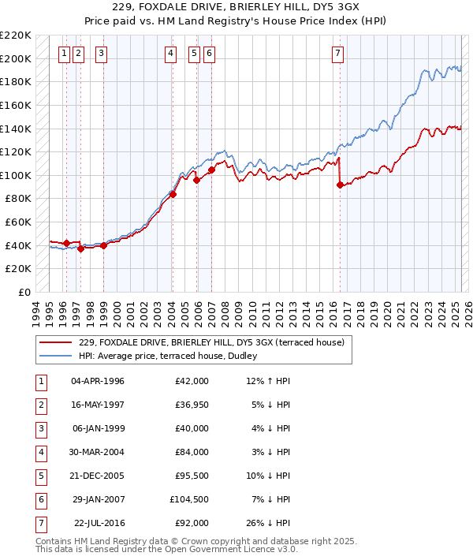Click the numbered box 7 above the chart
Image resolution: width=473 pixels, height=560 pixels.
click(337, 54)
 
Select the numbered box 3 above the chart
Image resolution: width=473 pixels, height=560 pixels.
click(102, 54)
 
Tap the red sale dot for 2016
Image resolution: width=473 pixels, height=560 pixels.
click(340, 185)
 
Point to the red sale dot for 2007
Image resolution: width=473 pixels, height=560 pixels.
click(211, 170)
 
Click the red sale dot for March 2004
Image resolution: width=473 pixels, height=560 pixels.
click(173, 194)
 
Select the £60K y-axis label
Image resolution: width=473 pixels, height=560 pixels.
click(19, 222)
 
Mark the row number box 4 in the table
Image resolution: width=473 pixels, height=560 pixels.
click(40, 453)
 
